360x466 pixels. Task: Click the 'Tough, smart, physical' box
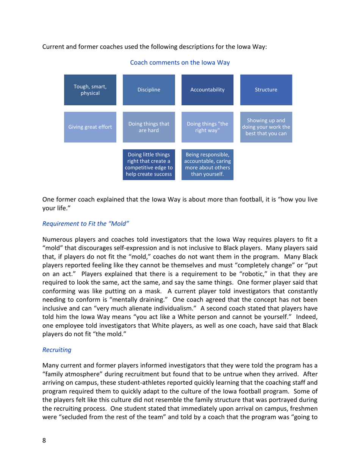[90, 90]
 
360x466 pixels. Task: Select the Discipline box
[149, 90]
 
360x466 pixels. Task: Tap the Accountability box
[207, 90]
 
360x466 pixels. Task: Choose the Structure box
[266, 90]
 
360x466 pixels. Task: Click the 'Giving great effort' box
[90, 127]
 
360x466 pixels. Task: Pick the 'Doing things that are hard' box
[149, 127]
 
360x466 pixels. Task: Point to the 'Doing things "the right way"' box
[207, 127]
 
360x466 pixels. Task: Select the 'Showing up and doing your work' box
[266, 127]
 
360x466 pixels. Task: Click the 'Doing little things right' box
[149, 164]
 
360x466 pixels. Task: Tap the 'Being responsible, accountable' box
[207, 164]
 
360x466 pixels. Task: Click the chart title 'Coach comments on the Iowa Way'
[180, 63]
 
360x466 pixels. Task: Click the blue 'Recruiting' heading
[56, 350]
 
